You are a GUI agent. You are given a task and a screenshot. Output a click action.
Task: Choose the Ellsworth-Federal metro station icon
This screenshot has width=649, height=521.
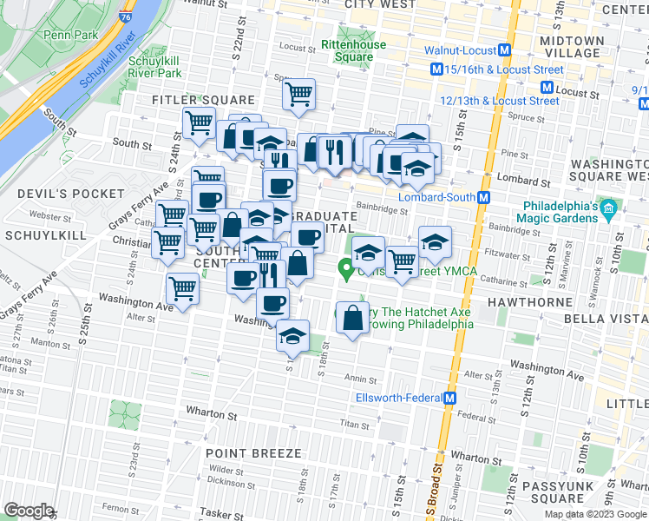(x=449, y=399)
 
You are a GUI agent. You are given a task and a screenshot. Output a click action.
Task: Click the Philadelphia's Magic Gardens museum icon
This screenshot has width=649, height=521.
(x=608, y=208)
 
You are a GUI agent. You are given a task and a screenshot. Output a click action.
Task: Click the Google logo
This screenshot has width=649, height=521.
(x=29, y=511)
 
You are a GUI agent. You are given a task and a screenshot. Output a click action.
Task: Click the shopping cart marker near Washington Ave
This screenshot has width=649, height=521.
(x=183, y=288)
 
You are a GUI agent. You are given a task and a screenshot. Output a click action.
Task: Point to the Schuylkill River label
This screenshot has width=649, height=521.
(x=109, y=63)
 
